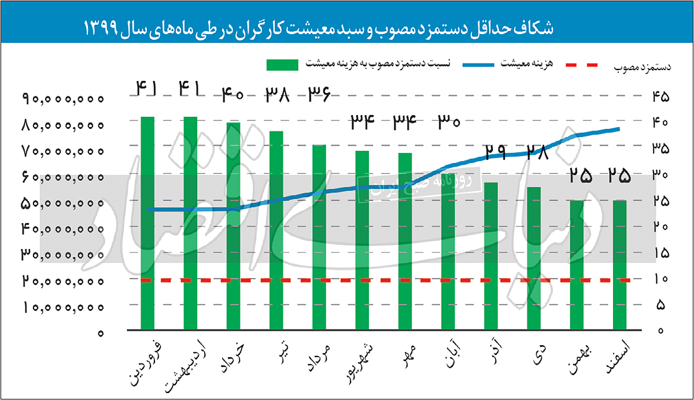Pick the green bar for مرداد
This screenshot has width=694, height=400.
tap(319, 237)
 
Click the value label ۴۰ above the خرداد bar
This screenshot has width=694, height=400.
tap(233, 93)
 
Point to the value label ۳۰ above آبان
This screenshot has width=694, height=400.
tap(448, 121)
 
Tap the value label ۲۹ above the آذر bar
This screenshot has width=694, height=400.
tap(495, 151)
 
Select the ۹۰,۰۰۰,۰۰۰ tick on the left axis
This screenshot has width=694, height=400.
tap(64, 99)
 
